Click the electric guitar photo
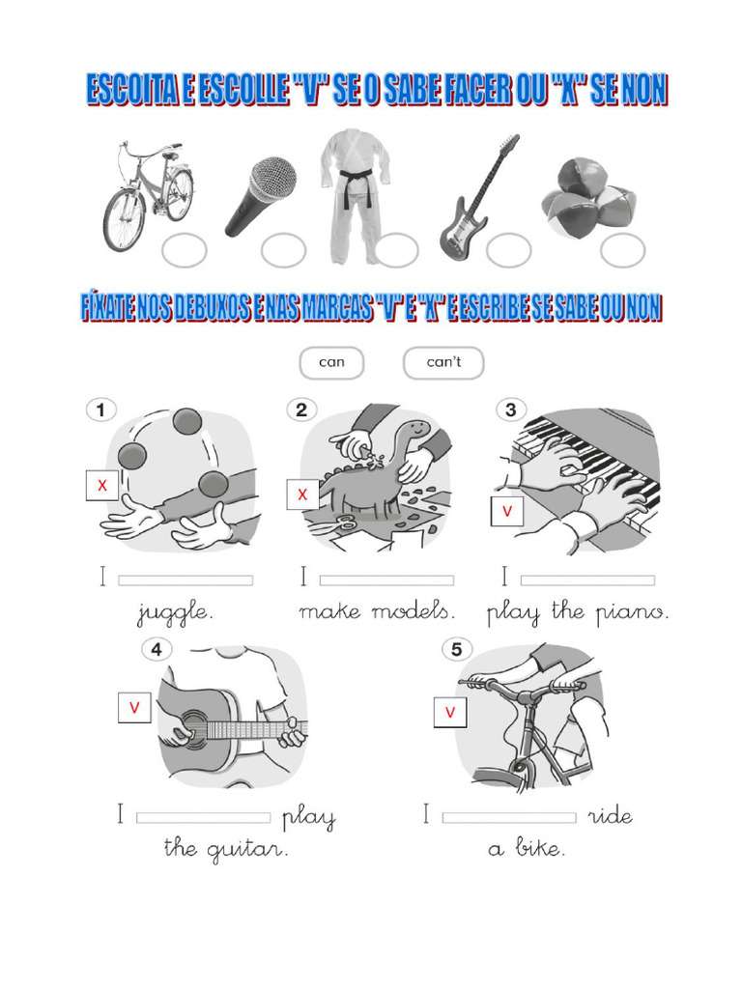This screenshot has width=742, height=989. coord(478,198)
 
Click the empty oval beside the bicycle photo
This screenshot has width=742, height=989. coord(184,250)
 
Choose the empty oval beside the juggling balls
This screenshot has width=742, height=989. coord(622,250)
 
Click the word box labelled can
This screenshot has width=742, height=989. coord(331,363)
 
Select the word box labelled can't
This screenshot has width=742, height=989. coord(443,363)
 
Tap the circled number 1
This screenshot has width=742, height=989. coord(100,410)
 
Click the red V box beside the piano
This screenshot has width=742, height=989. coord(506,512)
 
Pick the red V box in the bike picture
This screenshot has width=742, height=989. coord(450,713)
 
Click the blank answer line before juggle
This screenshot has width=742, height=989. coord(185,580)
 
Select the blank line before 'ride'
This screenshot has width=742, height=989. coord(509,817)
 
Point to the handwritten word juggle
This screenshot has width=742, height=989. coord(175,613)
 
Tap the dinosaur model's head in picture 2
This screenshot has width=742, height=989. coord(416,431)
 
